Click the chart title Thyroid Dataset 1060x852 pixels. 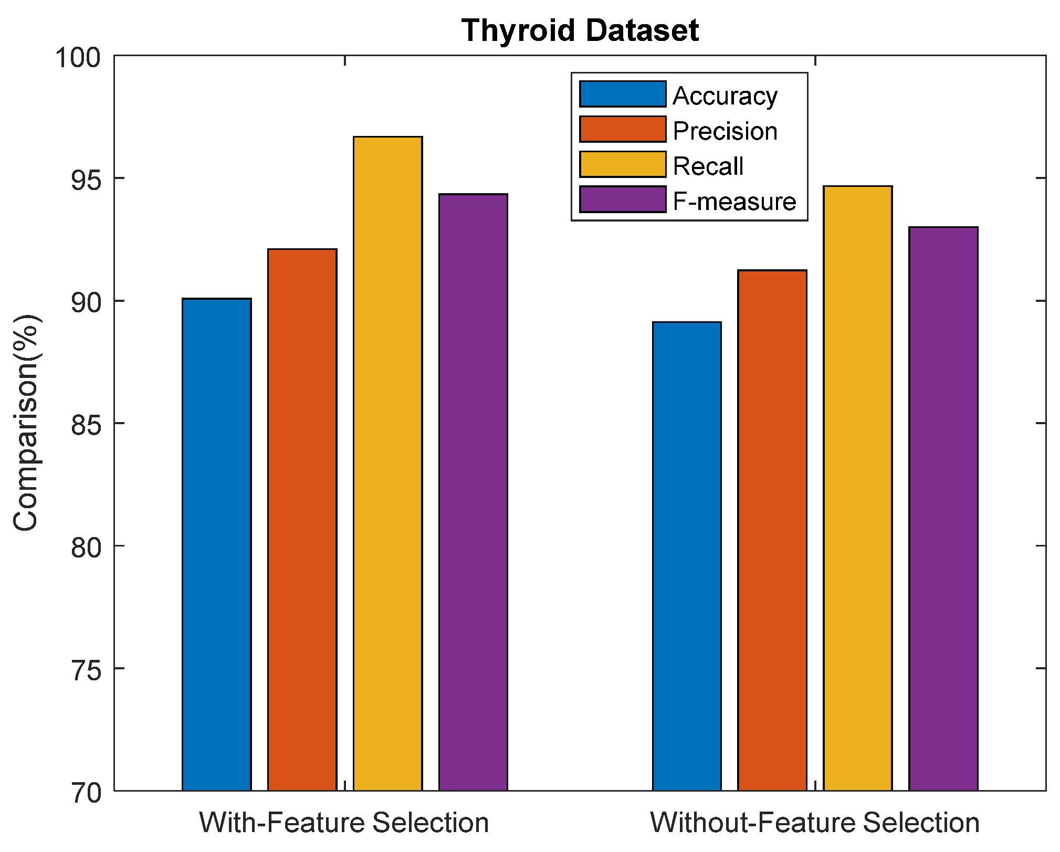580,30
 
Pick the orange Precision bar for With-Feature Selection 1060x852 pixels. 302,519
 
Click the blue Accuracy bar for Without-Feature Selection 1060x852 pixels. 687,556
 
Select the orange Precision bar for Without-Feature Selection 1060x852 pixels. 772,530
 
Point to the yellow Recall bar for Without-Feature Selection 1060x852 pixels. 857,488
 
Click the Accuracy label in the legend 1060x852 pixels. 725,96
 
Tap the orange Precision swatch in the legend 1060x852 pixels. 623,130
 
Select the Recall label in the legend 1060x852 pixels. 708,166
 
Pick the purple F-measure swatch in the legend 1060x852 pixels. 623,200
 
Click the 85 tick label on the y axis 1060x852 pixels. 85,424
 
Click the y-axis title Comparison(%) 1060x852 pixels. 26,423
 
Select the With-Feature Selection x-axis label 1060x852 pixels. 344,822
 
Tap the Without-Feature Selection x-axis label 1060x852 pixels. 814,822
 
